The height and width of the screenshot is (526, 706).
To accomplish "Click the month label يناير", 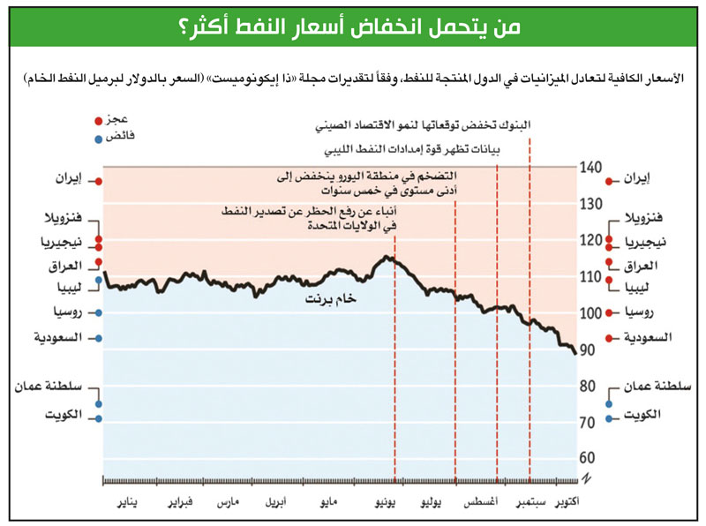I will coord(129,503).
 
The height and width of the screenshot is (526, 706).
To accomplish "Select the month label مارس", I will coord(229,503).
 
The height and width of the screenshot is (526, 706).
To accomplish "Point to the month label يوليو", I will coord(428,503).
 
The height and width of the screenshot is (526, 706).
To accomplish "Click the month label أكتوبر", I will coord(575,503).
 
